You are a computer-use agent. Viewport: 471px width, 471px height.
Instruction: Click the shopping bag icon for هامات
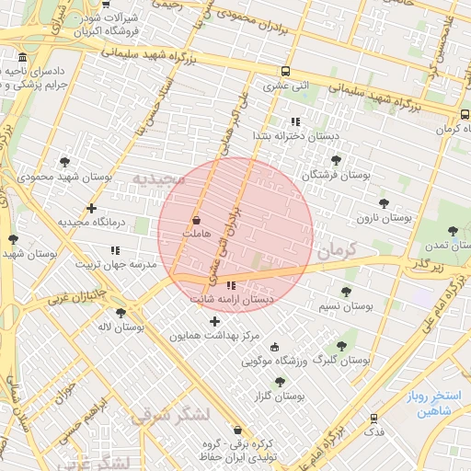click(x=197, y=221)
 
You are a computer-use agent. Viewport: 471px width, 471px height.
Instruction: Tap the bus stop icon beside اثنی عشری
click(x=286, y=72)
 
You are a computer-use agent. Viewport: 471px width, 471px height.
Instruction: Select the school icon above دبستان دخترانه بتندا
click(x=294, y=121)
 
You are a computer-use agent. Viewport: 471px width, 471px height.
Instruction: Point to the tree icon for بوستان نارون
click(x=384, y=203)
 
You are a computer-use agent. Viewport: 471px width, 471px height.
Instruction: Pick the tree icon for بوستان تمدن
click(x=452, y=232)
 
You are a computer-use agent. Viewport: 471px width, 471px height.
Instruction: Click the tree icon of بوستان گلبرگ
click(x=341, y=346)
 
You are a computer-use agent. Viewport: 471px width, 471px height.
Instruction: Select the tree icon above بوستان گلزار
click(x=280, y=381)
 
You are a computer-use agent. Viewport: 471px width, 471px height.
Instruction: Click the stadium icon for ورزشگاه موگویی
click(x=276, y=347)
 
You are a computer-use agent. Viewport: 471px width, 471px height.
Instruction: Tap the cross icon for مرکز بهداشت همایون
click(x=215, y=321)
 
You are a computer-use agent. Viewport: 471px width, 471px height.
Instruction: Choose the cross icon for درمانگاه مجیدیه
click(x=90, y=208)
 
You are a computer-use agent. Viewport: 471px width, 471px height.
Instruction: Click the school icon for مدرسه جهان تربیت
click(x=115, y=249)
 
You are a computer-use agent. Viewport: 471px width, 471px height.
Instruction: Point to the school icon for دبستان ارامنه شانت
click(x=230, y=285)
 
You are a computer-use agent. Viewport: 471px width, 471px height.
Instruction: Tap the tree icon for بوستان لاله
click(x=121, y=312)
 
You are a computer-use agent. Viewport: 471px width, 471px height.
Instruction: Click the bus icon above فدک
click(x=373, y=417)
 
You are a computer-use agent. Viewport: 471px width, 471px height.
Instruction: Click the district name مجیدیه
click(x=158, y=178)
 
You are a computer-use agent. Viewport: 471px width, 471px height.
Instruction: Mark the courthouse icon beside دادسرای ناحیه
click(x=22, y=60)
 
